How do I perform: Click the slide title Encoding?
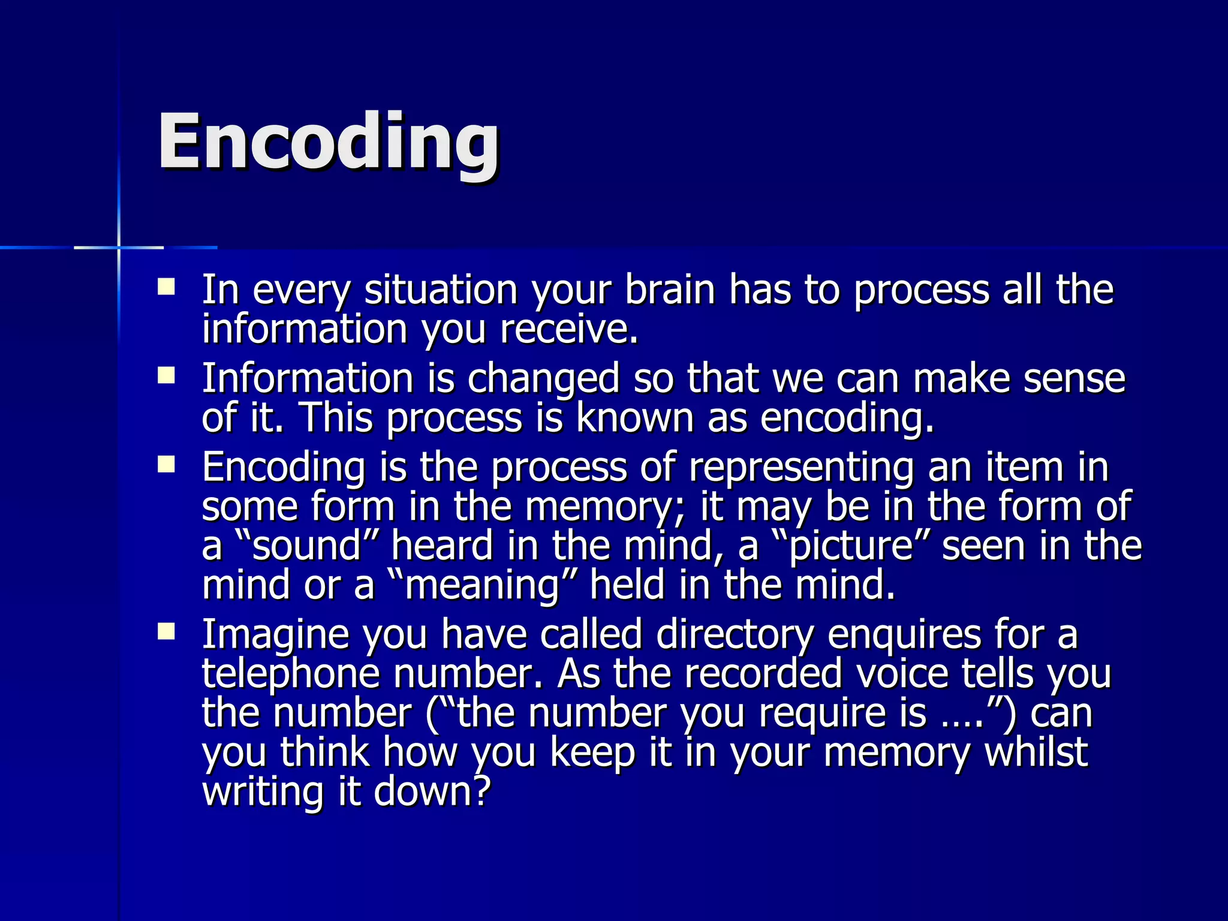click(x=328, y=144)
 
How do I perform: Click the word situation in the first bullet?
click(x=441, y=290)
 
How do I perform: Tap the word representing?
click(x=800, y=468)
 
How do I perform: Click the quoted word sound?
click(x=307, y=546)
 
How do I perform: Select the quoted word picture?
click(x=851, y=546)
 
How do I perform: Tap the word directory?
click(x=735, y=634)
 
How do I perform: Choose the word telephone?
click(x=291, y=674)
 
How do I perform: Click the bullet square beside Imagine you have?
click(x=166, y=632)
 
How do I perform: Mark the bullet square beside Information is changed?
click(x=166, y=376)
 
